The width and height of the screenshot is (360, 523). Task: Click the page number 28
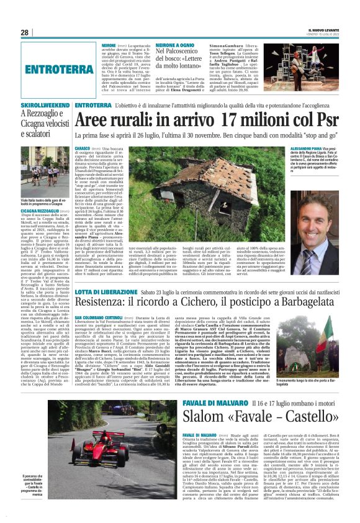[x=25, y=32]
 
